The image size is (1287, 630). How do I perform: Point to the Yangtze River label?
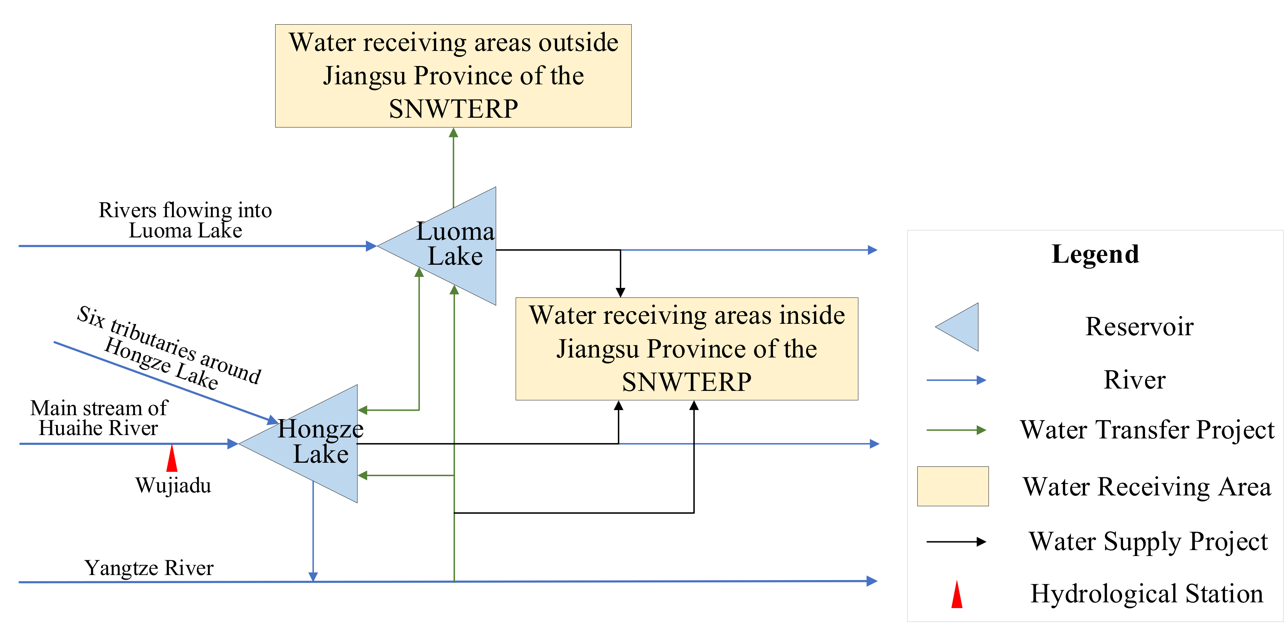click(x=149, y=568)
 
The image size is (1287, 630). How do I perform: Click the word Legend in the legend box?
click(x=1095, y=254)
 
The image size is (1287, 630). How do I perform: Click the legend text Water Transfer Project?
click(x=1147, y=430)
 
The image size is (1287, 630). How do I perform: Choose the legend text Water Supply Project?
click(x=1148, y=542)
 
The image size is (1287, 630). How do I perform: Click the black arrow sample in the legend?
click(x=955, y=542)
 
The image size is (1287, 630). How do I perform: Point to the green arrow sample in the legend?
click(x=955, y=430)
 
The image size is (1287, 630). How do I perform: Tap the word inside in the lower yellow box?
click(x=812, y=316)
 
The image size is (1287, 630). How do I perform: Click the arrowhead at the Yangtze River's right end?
click(x=871, y=581)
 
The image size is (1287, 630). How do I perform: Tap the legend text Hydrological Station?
click(x=1147, y=594)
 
